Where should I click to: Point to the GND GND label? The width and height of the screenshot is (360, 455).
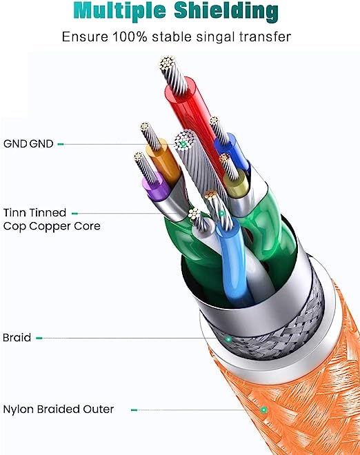(x=28, y=143)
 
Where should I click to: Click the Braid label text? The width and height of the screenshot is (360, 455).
(x=17, y=338)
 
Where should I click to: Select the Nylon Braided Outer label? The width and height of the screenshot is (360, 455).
(x=59, y=409)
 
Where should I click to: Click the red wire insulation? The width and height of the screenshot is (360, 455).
(x=192, y=115)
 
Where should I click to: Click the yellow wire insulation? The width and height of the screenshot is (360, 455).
(x=237, y=183)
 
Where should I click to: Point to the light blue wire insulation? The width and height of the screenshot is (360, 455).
(x=232, y=261)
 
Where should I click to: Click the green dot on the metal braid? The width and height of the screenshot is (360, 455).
(x=229, y=338)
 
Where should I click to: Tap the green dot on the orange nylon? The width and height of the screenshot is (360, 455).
(x=263, y=410)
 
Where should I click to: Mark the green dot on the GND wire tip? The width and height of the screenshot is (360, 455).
(x=183, y=143)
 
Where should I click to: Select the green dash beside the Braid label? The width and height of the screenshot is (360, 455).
(x=39, y=338)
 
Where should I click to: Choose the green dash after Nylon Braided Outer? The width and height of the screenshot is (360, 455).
(x=134, y=410)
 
